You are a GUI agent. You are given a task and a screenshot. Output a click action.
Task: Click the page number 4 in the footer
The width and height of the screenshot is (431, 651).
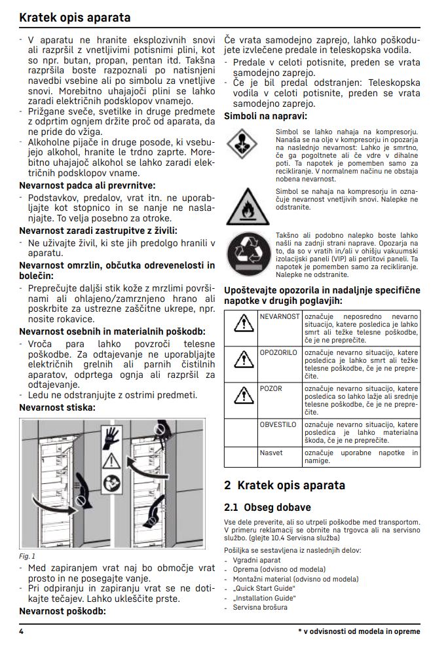(22, 632)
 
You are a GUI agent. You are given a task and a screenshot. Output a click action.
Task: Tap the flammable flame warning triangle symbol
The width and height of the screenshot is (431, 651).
(242, 206)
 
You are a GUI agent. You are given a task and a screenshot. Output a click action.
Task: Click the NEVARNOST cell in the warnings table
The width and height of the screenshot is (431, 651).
(279, 316)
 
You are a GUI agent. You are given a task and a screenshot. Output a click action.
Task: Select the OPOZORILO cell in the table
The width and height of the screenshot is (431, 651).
(279, 352)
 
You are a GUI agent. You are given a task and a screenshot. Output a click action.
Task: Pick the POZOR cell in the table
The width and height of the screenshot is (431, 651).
(271, 388)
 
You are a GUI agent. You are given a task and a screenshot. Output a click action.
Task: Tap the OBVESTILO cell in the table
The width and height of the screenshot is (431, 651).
(278, 424)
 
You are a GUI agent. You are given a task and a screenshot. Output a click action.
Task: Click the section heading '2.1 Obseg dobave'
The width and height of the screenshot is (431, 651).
(268, 507)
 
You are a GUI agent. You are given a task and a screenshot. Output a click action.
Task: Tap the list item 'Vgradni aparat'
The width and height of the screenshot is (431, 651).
(257, 561)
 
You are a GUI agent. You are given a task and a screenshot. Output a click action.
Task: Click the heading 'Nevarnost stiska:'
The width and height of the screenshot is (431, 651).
(58, 407)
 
